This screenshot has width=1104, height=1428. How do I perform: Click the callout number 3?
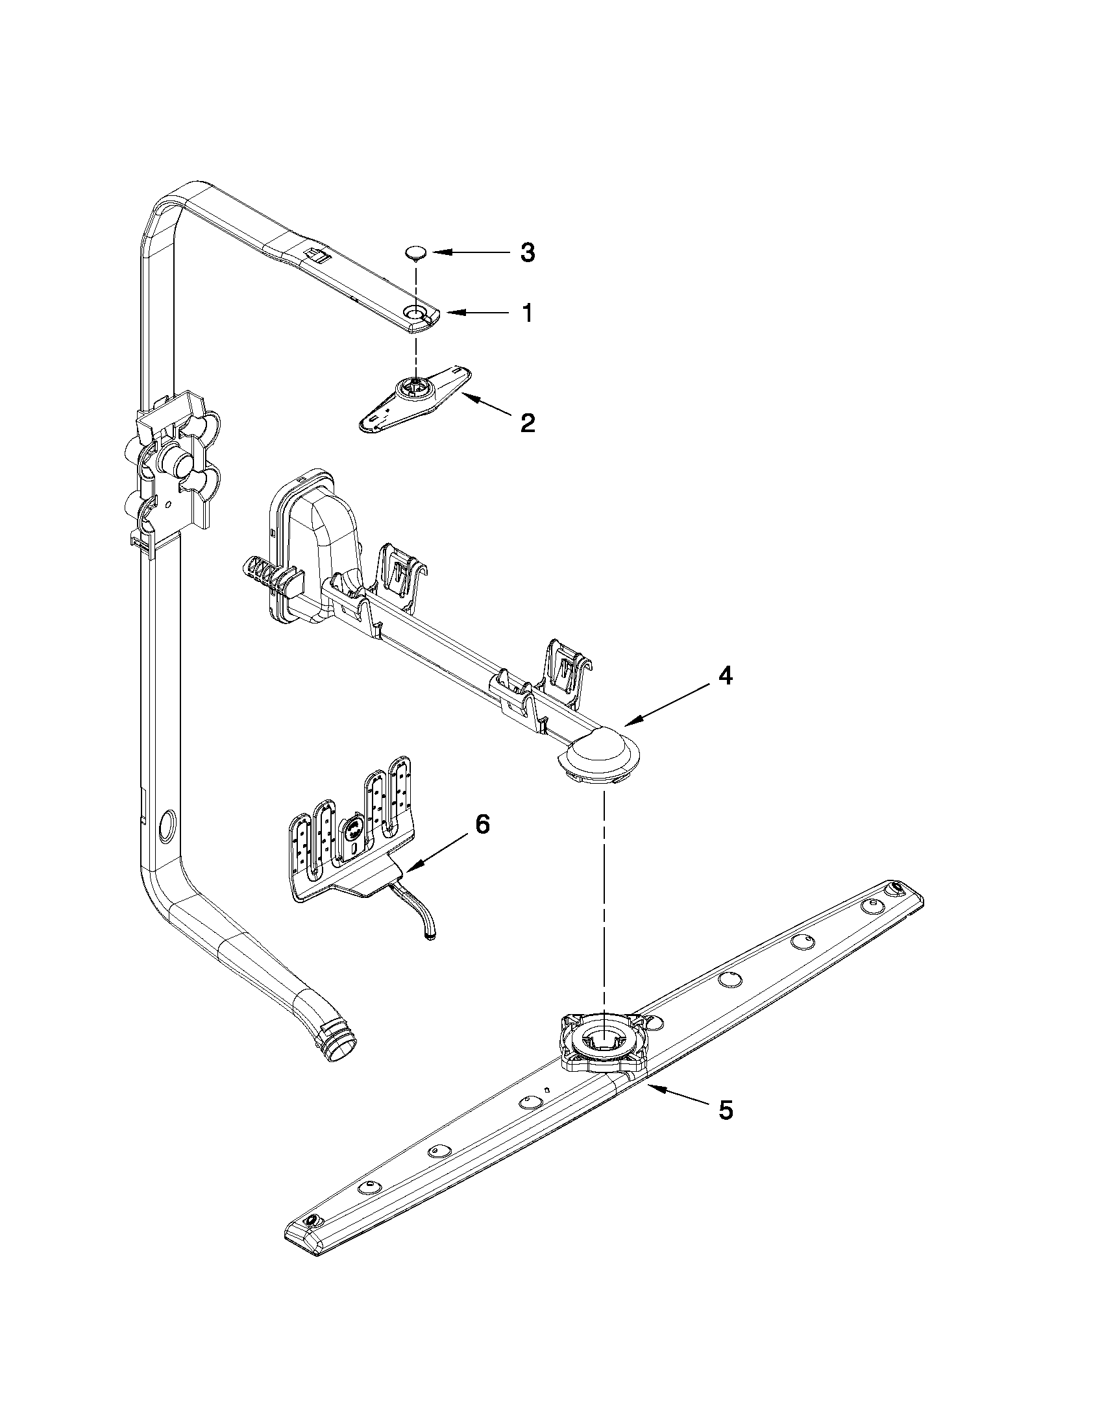527,252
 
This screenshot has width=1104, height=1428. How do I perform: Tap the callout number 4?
724,677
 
